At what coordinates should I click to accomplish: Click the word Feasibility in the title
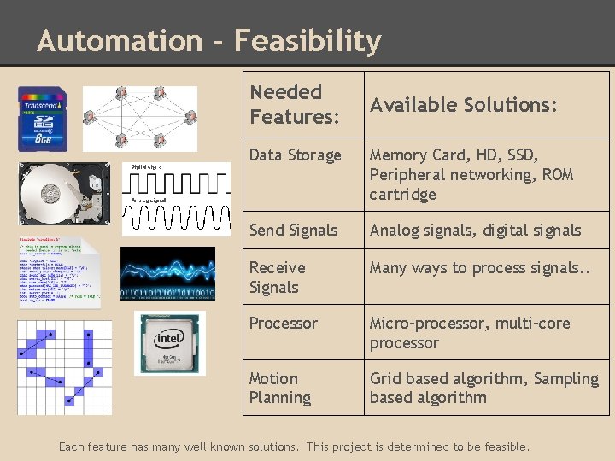click(x=307, y=40)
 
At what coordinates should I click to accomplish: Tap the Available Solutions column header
click(x=463, y=104)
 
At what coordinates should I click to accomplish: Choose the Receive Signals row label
click(x=277, y=277)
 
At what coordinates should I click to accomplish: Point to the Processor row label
click(x=283, y=323)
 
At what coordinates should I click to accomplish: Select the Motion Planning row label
click(x=279, y=388)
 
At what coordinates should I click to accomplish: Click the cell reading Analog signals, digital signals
click(x=475, y=230)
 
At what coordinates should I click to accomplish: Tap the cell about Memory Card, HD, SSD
click(x=471, y=174)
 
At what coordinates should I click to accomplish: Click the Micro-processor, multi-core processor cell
click(x=469, y=332)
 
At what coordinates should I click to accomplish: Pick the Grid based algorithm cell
click(x=483, y=388)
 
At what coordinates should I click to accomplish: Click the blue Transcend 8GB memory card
click(x=44, y=120)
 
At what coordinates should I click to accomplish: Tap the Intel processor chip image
click(x=170, y=343)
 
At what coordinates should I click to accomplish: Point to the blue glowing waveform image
click(x=167, y=272)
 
